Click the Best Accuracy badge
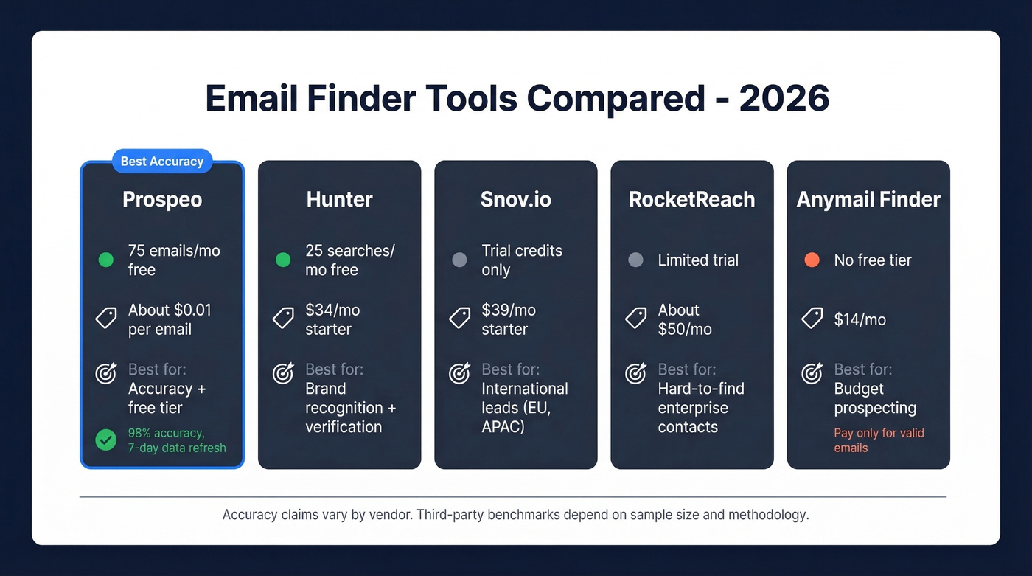point(162,162)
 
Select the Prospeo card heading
point(162,199)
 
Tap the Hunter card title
point(339,199)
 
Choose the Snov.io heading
point(515,199)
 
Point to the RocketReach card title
point(691,199)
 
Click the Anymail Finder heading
point(868,199)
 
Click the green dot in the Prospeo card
point(106,260)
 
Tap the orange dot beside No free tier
point(812,260)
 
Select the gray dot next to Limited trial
point(635,260)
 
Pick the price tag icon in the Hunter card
point(283,319)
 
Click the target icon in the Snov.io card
point(460,374)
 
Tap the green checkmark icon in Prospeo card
point(106,440)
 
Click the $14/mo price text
point(860,319)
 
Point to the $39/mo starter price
point(509,319)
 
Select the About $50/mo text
point(685,319)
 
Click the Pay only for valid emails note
point(879,440)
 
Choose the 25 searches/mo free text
point(350,260)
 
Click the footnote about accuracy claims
point(515,515)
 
